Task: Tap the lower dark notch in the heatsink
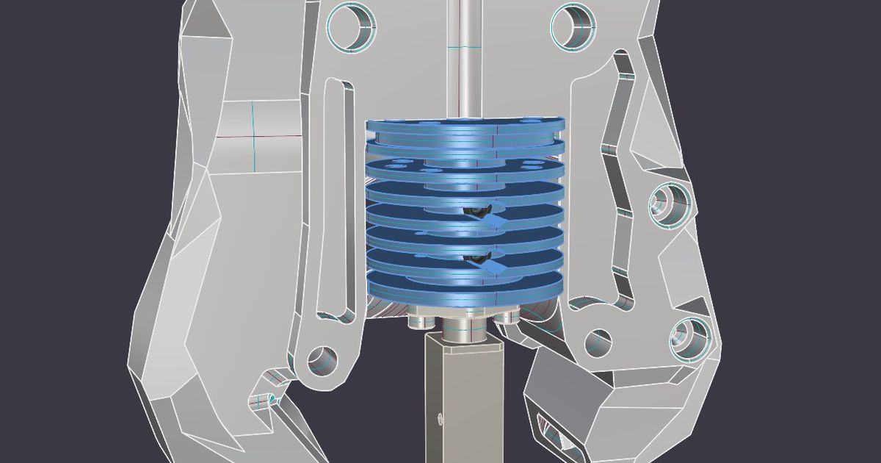click(x=477, y=259)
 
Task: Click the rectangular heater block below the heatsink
click(x=464, y=397)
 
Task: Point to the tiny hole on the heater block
click(x=440, y=419)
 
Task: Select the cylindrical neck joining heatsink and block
click(x=464, y=327)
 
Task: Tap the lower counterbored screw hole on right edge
click(x=690, y=338)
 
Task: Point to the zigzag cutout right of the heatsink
click(x=615, y=176)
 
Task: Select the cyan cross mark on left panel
click(x=253, y=136)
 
